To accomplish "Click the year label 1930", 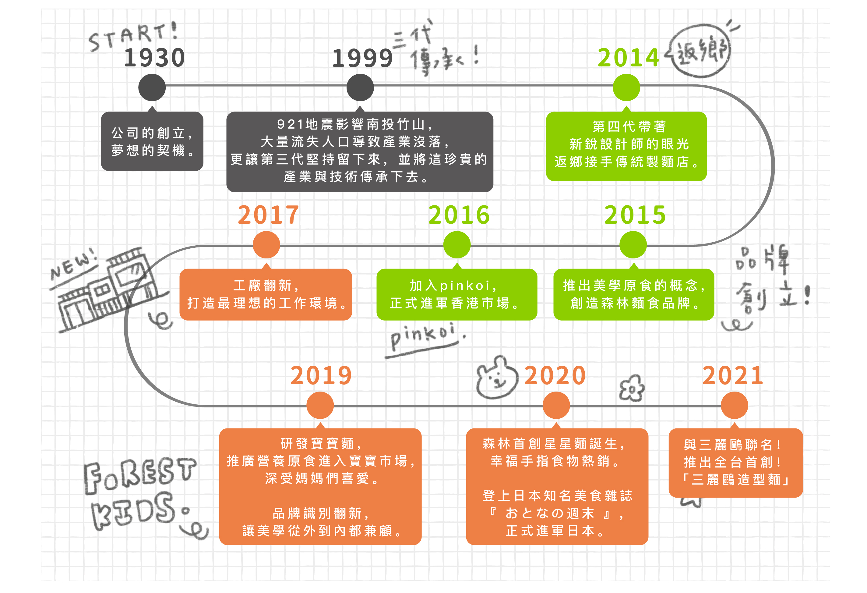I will [154, 58].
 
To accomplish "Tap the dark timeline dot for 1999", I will [360, 88].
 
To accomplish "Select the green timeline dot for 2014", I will [626, 88].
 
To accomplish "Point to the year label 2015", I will [635, 215].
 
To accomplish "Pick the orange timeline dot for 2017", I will [266, 245].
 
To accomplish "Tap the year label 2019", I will [321, 375].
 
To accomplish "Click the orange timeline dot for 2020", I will [556, 405].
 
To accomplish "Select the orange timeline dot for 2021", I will [734, 405].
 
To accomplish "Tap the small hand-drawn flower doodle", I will [632, 389].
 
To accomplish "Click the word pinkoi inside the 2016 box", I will [464, 286].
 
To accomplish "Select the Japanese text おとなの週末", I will [549, 513].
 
